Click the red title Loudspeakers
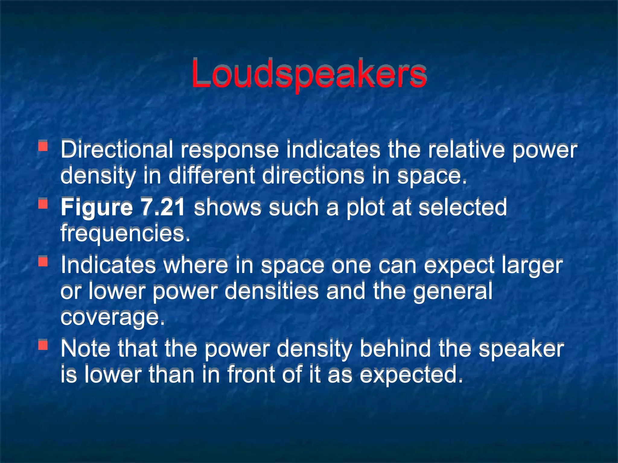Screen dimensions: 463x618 pyautogui.click(x=308, y=74)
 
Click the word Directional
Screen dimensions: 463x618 pyautogui.click(x=116, y=150)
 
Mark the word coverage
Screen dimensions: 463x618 pyautogui.click(x=113, y=318)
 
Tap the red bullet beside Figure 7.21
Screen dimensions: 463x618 pyautogui.click(x=43, y=204)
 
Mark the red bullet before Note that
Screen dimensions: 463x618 pyautogui.click(x=43, y=345)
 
